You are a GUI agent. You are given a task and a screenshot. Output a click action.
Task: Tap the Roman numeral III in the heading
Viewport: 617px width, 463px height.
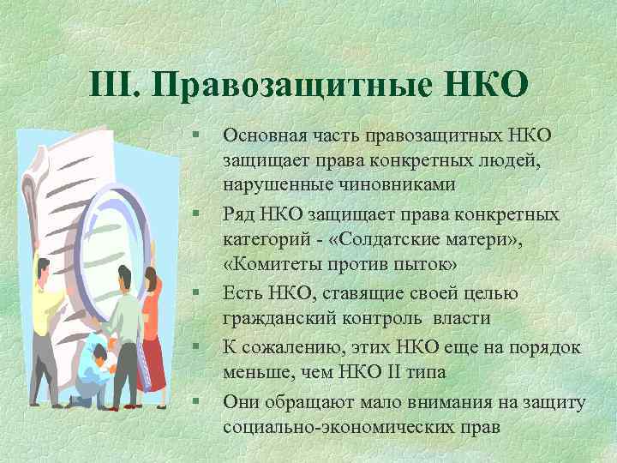pos(115,86)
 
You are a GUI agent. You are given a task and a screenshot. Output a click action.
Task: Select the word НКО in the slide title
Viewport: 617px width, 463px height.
pos(484,86)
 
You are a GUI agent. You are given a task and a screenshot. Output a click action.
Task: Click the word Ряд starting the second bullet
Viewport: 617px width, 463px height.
pos(238,213)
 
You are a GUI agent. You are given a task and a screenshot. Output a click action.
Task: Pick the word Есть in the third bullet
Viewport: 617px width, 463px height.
pos(243,293)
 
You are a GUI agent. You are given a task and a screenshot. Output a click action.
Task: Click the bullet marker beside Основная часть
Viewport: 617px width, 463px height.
pos(196,135)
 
